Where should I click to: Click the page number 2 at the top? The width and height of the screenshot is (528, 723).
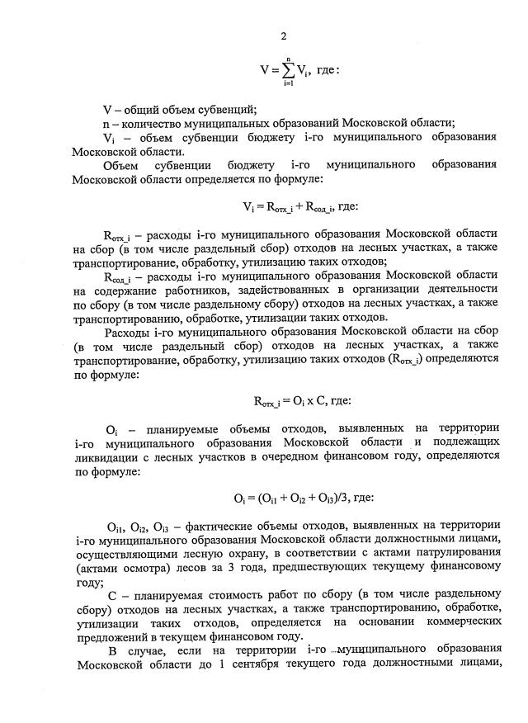pos(283,35)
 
